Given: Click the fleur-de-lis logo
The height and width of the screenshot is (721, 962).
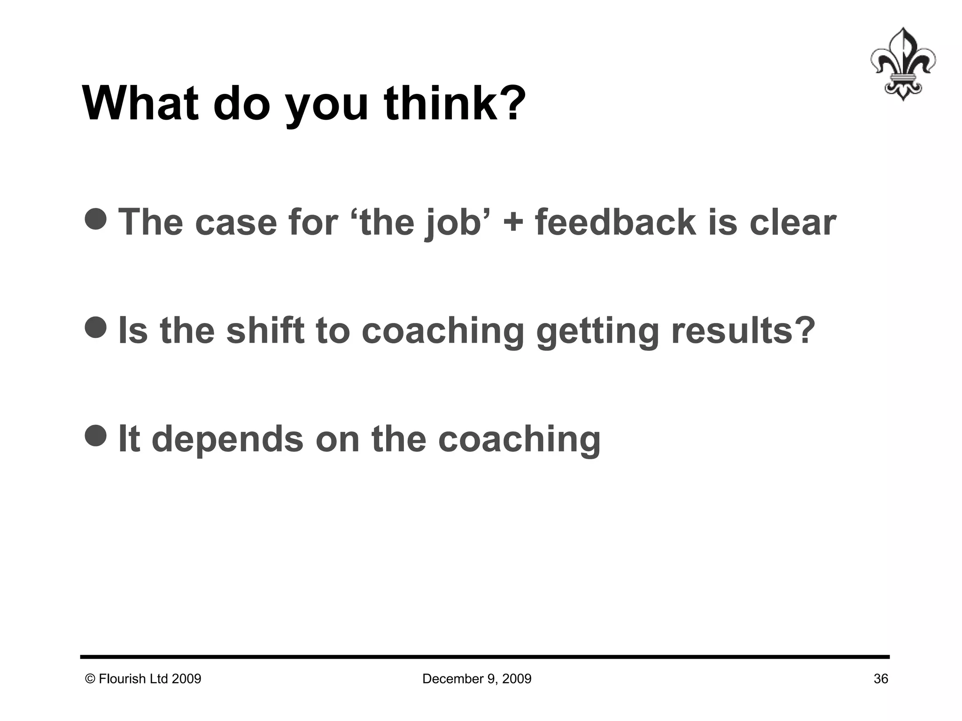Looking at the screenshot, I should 902,64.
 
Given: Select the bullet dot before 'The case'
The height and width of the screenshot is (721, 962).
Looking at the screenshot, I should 96,219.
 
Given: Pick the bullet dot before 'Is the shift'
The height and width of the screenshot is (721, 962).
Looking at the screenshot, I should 96,327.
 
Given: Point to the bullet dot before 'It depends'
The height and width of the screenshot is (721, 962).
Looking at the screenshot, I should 96,436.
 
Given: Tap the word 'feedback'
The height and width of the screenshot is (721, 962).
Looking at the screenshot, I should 615,222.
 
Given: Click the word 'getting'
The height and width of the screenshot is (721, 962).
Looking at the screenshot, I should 597,331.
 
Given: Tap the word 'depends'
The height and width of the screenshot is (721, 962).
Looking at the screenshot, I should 228,439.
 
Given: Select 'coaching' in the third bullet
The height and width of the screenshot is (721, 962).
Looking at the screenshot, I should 519,439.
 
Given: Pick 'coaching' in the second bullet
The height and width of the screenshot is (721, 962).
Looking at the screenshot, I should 442,331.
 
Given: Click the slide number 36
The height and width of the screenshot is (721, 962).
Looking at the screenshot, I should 881,679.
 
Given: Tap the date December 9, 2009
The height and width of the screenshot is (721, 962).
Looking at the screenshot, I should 477,679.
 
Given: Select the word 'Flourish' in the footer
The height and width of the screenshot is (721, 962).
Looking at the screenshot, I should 122,679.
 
